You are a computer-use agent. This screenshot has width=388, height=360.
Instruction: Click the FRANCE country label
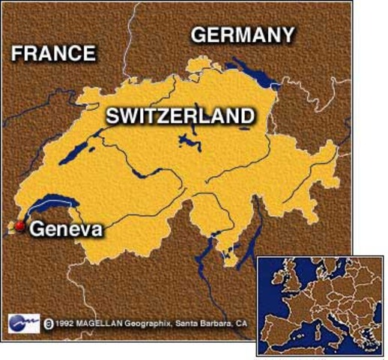(54, 53)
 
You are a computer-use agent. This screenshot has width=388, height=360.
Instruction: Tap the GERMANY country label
(242, 34)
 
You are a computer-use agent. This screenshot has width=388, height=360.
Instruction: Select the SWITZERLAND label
(179, 115)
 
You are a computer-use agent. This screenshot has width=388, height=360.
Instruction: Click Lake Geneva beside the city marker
(52, 203)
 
